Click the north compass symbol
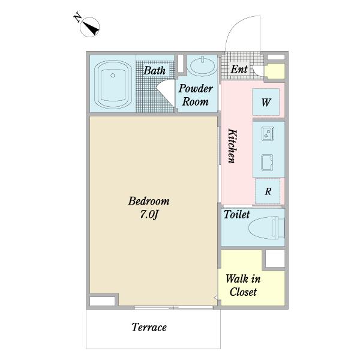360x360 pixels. [90, 27]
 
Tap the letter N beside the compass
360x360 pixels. [77, 18]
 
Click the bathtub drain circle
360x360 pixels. [113, 76]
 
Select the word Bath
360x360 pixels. [155, 70]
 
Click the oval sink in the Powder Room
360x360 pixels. [202, 65]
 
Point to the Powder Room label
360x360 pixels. [196, 95]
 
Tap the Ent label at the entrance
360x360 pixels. [239, 69]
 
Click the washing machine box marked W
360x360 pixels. [266, 102]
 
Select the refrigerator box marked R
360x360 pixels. [268, 191]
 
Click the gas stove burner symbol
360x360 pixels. [268, 133]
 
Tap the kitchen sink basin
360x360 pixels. [267, 163]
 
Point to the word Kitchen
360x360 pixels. [232, 146]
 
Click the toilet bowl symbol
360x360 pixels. [266, 229]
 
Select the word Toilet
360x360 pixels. [237, 214]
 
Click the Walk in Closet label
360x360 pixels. [243, 286]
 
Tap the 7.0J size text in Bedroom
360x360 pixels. [149, 215]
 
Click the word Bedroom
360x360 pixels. [149, 201]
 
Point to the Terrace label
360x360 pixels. [149, 327]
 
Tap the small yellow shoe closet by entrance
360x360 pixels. [275, 71]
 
